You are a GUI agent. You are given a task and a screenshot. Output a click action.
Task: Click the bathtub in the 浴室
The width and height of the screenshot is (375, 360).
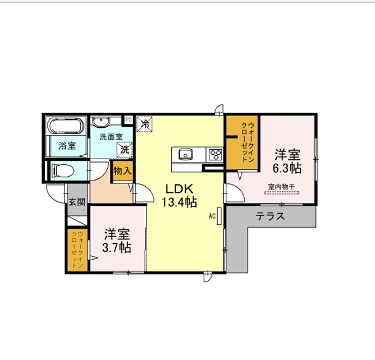66,126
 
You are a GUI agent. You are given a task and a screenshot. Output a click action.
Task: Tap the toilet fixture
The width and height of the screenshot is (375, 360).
63,170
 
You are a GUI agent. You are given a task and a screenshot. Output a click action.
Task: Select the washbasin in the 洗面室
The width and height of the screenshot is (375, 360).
100,122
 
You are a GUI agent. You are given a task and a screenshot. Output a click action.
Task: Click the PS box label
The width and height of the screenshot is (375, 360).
129,119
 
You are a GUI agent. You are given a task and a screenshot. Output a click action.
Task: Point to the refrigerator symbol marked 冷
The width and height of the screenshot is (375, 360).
144,124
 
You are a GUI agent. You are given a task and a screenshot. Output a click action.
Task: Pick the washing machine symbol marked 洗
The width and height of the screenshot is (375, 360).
125,150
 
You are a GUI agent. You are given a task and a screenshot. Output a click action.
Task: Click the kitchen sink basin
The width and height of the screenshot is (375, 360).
186,154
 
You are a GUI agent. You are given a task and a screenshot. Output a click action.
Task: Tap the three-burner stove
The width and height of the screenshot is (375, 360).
216,154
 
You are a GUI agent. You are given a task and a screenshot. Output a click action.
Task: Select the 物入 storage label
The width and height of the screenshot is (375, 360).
122,171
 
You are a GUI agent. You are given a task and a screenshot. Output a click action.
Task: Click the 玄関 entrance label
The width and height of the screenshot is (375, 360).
77,202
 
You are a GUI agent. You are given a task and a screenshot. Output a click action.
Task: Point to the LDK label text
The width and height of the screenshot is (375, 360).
180,189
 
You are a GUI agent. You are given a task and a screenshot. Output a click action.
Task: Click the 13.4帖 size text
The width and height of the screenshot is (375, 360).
180,202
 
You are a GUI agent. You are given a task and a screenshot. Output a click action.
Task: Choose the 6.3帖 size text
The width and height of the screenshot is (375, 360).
287,168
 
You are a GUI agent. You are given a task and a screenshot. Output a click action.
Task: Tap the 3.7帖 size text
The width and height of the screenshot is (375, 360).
117,248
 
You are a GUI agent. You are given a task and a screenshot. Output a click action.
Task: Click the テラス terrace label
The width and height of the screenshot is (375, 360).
270,216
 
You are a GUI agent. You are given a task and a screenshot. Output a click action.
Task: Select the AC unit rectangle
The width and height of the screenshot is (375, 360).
219,216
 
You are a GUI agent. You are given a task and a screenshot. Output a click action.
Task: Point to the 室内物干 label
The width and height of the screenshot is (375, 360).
281,187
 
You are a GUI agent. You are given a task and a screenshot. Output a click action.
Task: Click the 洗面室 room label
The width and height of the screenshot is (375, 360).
111,137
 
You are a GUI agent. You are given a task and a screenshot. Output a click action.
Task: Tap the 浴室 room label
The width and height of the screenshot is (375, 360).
67,146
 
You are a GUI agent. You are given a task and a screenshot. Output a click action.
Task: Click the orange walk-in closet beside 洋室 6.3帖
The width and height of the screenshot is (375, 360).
243,143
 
